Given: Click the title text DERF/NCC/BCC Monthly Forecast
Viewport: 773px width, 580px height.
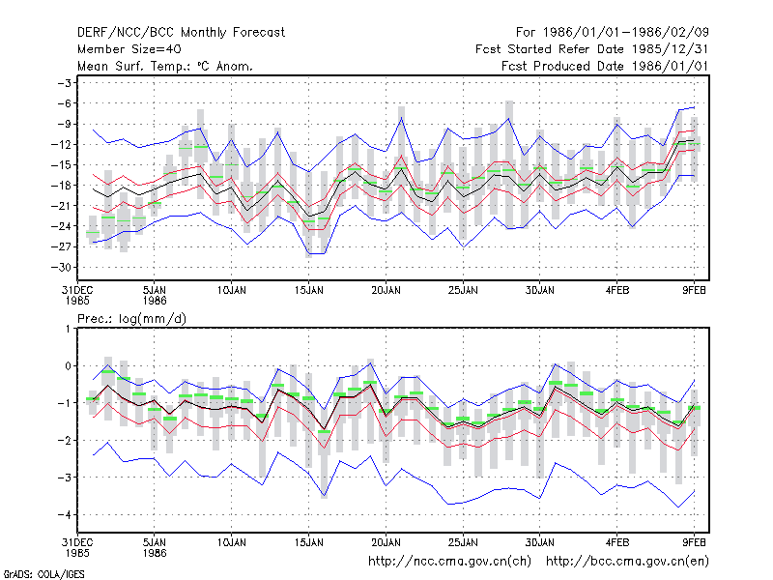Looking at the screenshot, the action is coord(181,33).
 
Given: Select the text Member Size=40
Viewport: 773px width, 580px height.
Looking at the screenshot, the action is coord(129,49).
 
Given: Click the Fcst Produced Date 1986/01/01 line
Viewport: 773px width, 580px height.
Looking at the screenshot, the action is coord(605,66).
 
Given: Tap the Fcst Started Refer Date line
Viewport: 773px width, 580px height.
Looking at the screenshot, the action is coord(592,49).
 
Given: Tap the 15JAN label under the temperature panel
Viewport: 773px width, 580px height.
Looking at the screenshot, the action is coord(309,290).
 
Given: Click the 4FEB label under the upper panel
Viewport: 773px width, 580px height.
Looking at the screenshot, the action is coord(617,290).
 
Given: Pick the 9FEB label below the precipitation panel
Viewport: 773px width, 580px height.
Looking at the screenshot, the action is coord(694,542).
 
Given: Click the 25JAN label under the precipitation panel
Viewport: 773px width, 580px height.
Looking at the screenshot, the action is coord(463,542).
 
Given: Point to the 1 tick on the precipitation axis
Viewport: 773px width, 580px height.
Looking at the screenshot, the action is coord(68,329).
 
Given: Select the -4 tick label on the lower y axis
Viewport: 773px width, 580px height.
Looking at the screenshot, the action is coord(64,515).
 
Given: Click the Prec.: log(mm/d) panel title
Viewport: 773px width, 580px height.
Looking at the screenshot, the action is coord(131,319).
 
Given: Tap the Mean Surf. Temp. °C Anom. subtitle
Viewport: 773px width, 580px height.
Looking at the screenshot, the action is coord(165,66).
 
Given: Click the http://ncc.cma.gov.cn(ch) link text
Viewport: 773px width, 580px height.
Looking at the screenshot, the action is coord(449,562).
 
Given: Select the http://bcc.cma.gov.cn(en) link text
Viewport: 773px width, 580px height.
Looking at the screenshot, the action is coord(627,562).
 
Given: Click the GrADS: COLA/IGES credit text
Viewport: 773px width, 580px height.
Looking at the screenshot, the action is coord(43,574).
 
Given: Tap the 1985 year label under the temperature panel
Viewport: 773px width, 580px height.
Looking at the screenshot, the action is coord(77,301).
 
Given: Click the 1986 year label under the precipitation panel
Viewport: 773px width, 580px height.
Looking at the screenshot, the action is coord(155,553).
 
